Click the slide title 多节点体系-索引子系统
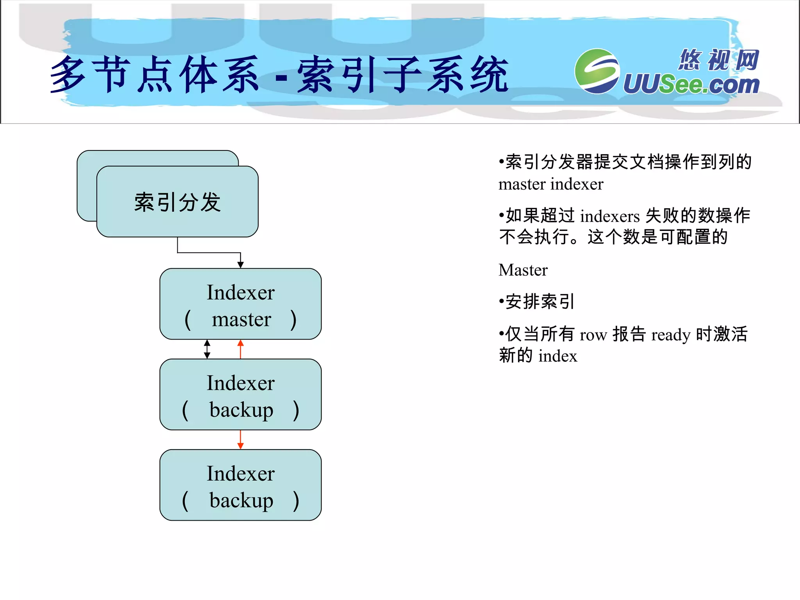point(279,74)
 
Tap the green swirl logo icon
point(597,71)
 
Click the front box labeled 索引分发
point(177,202)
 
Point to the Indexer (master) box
point(241,304)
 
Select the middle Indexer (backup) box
point(241,395)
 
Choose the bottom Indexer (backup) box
point(241,485)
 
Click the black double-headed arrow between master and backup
point(207,349)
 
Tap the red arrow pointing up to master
point(241,348)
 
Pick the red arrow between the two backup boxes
point(241,440)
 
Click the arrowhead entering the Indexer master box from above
point(241,265)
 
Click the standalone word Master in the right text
point(523,270)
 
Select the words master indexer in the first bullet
point(551,184)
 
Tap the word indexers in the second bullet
point(610,216)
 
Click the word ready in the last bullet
point(671,335)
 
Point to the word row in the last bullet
point(593,335)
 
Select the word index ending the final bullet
point(557,356)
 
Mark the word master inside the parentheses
point(241,320)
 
